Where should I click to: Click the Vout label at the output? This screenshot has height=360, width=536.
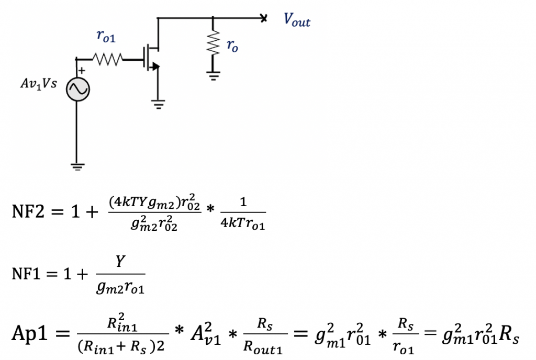[297, 20]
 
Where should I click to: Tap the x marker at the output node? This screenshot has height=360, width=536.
[264, 19]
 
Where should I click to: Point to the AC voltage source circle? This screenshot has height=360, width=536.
[77, 90]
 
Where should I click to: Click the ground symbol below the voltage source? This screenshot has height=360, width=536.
[77, 166]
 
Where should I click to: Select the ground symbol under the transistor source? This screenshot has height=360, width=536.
[157, 104]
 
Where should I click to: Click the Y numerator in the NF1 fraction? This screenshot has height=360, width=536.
[120, 262]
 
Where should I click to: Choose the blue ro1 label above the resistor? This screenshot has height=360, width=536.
[106, 36]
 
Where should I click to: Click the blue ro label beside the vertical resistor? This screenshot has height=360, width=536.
[232, 46]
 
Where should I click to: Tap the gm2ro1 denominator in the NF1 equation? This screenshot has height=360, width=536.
[121, 286]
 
